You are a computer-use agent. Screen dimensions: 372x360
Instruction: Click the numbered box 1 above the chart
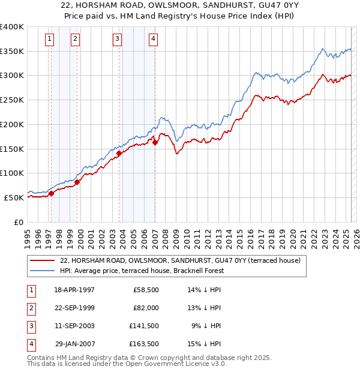click(49, 40)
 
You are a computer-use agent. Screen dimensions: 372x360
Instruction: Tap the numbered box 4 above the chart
click(154, 40)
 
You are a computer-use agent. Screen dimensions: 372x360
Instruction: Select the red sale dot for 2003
click(119, 153)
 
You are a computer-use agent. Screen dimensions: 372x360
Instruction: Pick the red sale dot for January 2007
click(155, 142)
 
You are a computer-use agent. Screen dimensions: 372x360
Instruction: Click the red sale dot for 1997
click(52, 193)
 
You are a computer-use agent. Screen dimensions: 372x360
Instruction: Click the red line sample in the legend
click(42, 260)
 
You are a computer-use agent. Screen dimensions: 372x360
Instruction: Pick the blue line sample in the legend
click(42, 271)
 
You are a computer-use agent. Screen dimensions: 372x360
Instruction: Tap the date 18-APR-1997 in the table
click(74, 290)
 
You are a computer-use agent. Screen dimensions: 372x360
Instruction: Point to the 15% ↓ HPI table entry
click(205, 344)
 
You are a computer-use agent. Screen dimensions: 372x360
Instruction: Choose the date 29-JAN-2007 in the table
click(74, 344)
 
